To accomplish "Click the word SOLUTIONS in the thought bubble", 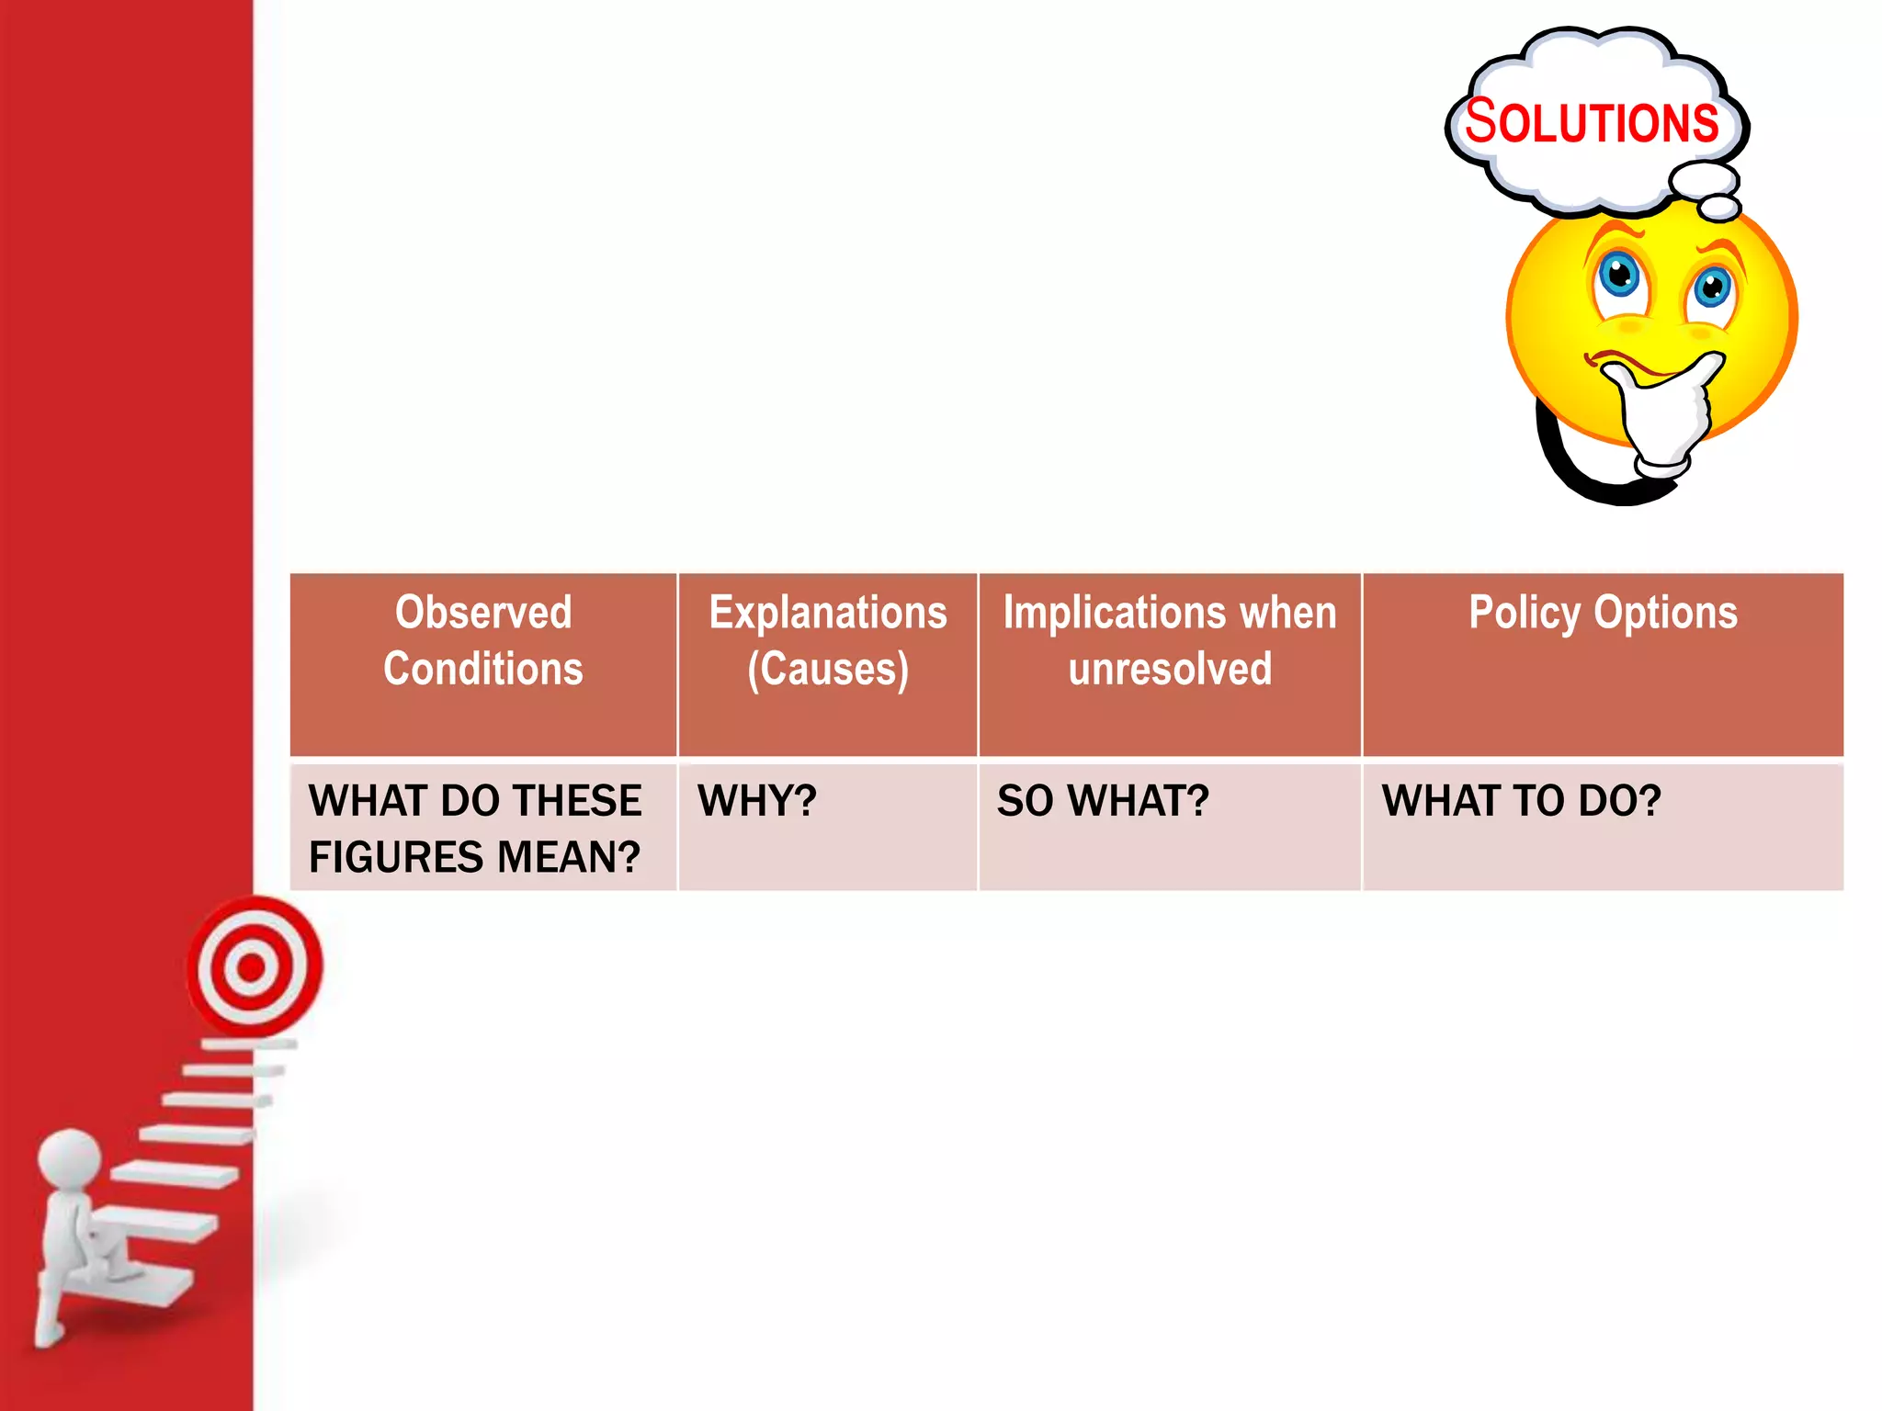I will [1591, 122].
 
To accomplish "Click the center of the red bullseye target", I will [251, 967].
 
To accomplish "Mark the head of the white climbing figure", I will [70, 1160].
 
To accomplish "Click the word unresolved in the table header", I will [1170, 669].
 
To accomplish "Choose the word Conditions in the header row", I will [483, 669].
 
